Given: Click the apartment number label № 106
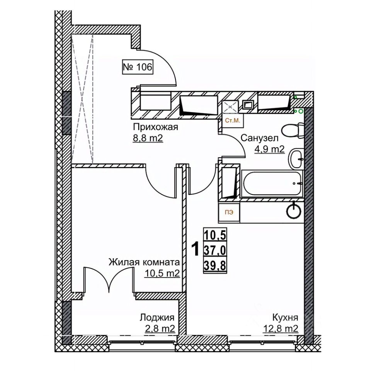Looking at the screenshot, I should [x=138, y=67].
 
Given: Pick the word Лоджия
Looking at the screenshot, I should [x=157, y=318].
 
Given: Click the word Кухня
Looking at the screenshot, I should [x=285, y=318].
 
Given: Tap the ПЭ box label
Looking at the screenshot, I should [x=229, y=212].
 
